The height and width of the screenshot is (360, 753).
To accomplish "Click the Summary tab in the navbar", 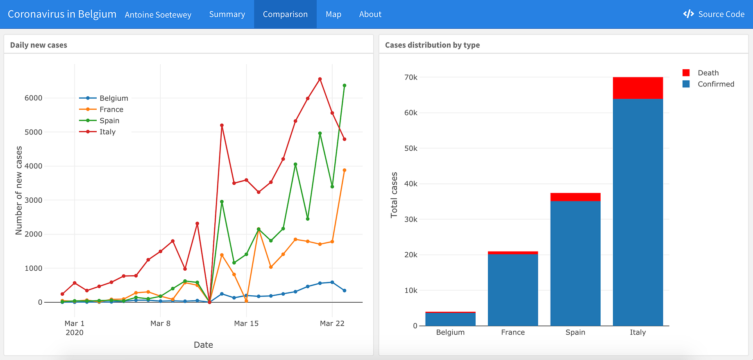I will point(227,14).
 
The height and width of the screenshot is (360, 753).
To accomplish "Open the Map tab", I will point(333,14).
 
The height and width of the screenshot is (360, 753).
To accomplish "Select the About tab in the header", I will point(370,14).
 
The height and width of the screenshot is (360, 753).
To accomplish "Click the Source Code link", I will point(714,14).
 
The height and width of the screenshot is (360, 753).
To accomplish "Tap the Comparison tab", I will point(285,14).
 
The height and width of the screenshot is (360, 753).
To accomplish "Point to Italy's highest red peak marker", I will point(320,79).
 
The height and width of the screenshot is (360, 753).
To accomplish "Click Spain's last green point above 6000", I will point(345,86).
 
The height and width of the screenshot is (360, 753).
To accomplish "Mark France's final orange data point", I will point(345,170).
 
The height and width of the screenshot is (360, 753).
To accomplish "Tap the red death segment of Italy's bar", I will point(638,88).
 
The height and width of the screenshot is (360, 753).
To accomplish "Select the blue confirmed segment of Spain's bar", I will point(576,262).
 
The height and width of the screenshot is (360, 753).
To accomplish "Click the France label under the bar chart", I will point(513,332).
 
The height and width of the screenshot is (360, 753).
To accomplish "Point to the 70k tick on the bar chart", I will point(411,77).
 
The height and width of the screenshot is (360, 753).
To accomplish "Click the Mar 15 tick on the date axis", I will point(246,324).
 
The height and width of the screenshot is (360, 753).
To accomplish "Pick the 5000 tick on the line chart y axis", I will point(34,132).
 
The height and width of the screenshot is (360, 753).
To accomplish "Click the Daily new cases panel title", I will point(39,45).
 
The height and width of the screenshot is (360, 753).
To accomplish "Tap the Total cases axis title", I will point(394,195).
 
